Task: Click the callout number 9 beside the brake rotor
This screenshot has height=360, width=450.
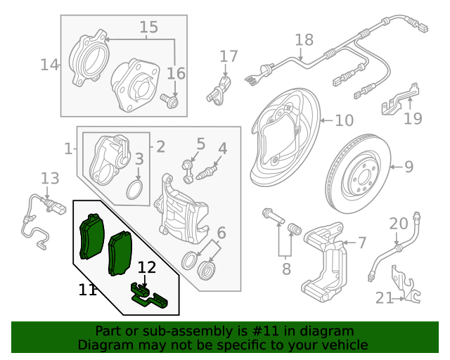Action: click(x=409, y=167)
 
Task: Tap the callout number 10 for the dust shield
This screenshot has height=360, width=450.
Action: click(x=344, y=121)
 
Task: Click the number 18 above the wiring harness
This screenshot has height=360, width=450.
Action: click(x=303, y=40)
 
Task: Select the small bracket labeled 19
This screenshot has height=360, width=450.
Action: click(x=399, y=99)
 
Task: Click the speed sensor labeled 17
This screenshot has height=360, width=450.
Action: click(x=219, y=89)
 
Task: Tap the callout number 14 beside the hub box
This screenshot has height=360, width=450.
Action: click(x=49, y=65)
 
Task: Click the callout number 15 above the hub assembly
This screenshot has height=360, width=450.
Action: click(x=148, y=27)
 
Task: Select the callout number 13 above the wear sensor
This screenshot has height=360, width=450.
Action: click(x=50, y=178)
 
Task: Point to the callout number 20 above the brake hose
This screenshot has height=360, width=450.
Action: click(x=399, y=224)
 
